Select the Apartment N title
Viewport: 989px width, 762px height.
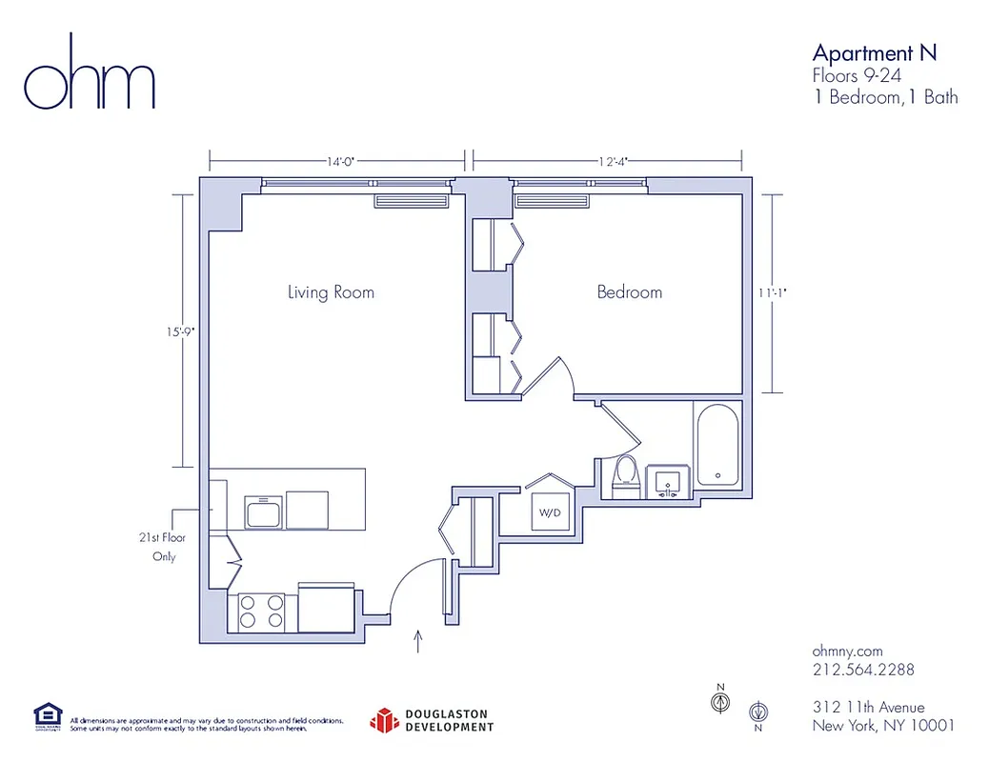click(x=874, y=52)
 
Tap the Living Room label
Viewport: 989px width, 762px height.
click(x=331, y=292)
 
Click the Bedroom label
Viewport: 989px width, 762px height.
click(x=629, y=292)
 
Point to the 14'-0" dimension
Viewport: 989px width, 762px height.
click(x=340, y=162)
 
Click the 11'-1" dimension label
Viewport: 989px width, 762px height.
click(x=773, y=293)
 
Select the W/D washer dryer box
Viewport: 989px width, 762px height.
click(x=550, y=512)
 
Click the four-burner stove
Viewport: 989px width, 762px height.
click(x=261, y=611)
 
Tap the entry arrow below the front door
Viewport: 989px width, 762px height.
click(x=417, y=641)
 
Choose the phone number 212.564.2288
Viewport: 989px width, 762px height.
click(x=862, y=670)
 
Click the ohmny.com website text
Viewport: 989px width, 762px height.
click(x=847, y=650)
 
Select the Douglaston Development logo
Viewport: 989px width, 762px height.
click(x=433, y=720)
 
